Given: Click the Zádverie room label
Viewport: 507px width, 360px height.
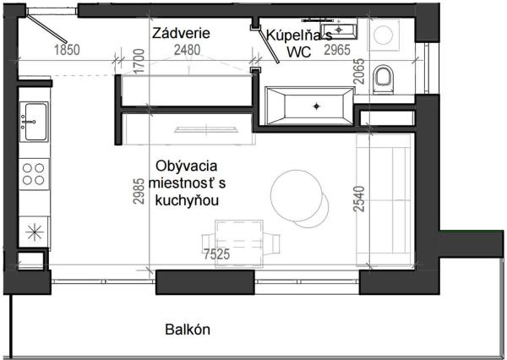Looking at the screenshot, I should (181, 33).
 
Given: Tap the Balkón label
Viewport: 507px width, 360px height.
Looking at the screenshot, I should (187, 330).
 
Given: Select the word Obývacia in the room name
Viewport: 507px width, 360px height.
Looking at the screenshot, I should (185, 166).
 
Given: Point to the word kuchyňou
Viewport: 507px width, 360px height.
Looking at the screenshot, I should (185, 200).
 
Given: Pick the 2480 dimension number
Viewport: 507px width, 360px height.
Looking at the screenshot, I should (188, 50).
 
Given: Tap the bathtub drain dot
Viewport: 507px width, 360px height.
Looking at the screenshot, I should (317, 106).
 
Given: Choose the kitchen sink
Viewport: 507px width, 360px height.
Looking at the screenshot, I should (35, 122).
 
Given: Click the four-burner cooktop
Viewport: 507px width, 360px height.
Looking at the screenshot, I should (35, 173).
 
